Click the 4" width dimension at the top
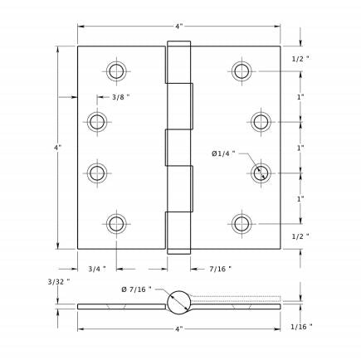[x=179, y=26]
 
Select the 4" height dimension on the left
[x=57, y=148]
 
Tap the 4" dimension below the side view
[x=179, y=329]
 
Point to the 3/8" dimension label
[x=120, y=97]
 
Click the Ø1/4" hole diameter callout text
[x=223, y=153]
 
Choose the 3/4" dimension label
[x=97, y=268]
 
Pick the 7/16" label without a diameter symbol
[x=220, y=268]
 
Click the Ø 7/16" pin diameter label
[x=135, y=289]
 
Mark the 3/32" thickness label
[x=58, y=282]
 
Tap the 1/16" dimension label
[x=302, y=327]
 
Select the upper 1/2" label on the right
[x=301, y=58]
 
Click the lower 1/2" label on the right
[x=301, y=236]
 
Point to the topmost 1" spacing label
[x=300, y=96]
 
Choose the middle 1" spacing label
[x=300, y=148]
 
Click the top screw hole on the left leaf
[x=115, y=71]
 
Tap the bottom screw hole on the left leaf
[x=115, y=223]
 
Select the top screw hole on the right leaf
[x=241, y=71]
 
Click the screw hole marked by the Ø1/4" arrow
[x=261, y=173]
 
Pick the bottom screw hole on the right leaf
[x=241, y=223]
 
